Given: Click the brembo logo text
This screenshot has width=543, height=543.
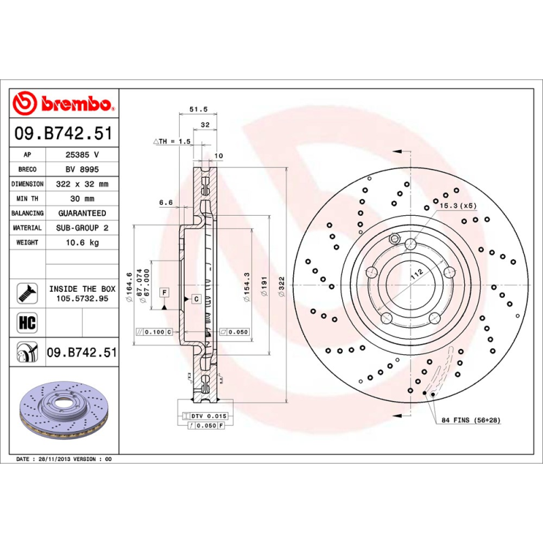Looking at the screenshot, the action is tap(75, 104).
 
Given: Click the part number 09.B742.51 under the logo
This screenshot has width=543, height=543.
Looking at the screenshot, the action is tap(64, 135).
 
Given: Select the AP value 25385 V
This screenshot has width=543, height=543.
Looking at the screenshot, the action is tap(81, 155).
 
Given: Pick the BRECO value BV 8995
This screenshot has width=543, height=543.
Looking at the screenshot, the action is tap(81, 169).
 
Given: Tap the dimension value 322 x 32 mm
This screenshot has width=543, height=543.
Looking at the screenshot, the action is tap(81, 184).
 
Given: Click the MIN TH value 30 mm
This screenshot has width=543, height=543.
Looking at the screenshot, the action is tap(81, 198).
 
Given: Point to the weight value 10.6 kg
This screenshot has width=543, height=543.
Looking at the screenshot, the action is tap(81, 242).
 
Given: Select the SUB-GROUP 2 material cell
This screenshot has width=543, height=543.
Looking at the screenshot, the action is tap(81, 228).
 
